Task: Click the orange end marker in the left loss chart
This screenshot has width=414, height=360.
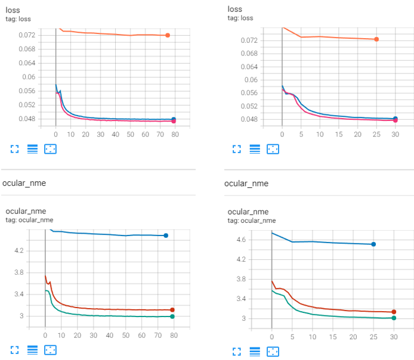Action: (168, 35)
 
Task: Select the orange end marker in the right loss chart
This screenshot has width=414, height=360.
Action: (376, 39)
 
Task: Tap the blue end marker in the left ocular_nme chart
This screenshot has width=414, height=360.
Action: (166, 235)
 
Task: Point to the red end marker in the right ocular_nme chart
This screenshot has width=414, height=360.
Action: (394, 312)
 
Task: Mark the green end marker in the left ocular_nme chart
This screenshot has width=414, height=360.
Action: (172, 316)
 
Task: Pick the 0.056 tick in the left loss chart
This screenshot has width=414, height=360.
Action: (27, 91)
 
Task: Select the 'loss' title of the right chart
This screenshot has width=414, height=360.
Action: (235, 9)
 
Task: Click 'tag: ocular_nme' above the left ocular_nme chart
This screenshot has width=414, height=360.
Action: (30, 221)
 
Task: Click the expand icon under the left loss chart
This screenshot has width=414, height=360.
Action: (15, 149)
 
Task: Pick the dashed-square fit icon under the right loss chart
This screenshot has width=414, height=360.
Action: (273, 149)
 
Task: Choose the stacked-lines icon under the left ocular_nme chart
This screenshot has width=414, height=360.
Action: (33, 349)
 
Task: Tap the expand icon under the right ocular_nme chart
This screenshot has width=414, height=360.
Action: (237, 349)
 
